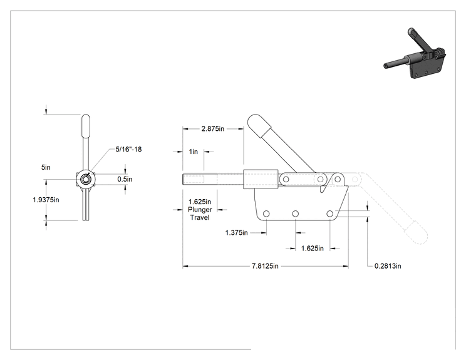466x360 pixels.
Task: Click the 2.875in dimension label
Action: (213, 128)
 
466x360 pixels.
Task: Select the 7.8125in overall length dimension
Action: (265, 266)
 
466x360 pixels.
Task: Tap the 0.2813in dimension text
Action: (388, 266)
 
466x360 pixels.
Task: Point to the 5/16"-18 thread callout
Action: (128, 149)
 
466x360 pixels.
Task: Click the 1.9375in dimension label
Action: (46, 200)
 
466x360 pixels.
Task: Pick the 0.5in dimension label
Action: (125, 179)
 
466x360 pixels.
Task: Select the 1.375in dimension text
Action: (236, 232)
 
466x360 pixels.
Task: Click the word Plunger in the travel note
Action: (200, 210)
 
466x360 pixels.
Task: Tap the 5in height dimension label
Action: (46, 167)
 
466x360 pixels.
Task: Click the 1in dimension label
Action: (193, 152)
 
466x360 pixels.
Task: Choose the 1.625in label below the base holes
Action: (313, 249)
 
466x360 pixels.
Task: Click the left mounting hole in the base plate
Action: (266, 214)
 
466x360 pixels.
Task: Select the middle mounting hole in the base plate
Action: (296, 214)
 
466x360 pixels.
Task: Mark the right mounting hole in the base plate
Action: (330, 214)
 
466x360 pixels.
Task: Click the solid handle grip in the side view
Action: (259, 125)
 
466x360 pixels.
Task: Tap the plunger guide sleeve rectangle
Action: (261, 179)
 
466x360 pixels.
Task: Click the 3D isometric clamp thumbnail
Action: (415, 53)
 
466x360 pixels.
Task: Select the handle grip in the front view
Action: (86, 126)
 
